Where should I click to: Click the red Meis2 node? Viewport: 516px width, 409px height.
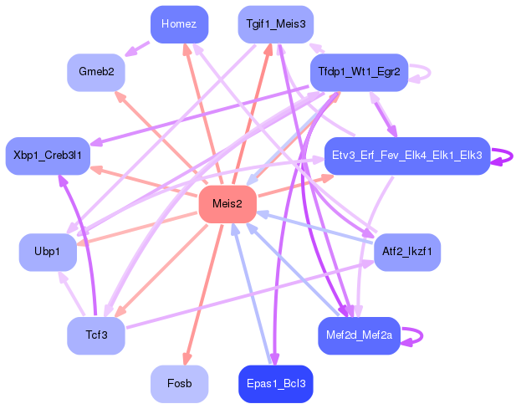pos(227,204)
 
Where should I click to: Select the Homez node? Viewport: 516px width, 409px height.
pos(179,24)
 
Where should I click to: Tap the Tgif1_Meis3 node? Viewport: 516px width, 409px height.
pos(275,24)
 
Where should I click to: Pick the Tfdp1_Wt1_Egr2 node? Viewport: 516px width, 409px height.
pos(359,73)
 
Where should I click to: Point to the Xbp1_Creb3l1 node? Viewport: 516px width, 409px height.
pos(48,156)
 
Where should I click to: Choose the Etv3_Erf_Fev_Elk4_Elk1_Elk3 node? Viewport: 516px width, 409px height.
pos(406,156)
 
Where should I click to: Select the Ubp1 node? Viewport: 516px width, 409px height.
pos(48,252)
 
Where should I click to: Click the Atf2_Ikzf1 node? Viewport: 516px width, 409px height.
pos(406,252)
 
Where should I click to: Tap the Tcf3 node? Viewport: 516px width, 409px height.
pos(96,335)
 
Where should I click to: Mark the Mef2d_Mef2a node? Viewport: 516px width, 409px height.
pos(359,335)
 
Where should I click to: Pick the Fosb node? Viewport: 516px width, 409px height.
pos(179,384)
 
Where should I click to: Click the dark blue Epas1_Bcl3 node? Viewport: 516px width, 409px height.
pos(275,384)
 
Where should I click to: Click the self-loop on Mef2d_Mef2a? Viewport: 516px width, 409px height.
pos(414,335)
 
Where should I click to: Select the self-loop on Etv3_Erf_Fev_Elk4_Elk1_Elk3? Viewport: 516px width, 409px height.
pos(503,156)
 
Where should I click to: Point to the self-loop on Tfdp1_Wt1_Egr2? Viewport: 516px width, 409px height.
pos(421,73)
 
